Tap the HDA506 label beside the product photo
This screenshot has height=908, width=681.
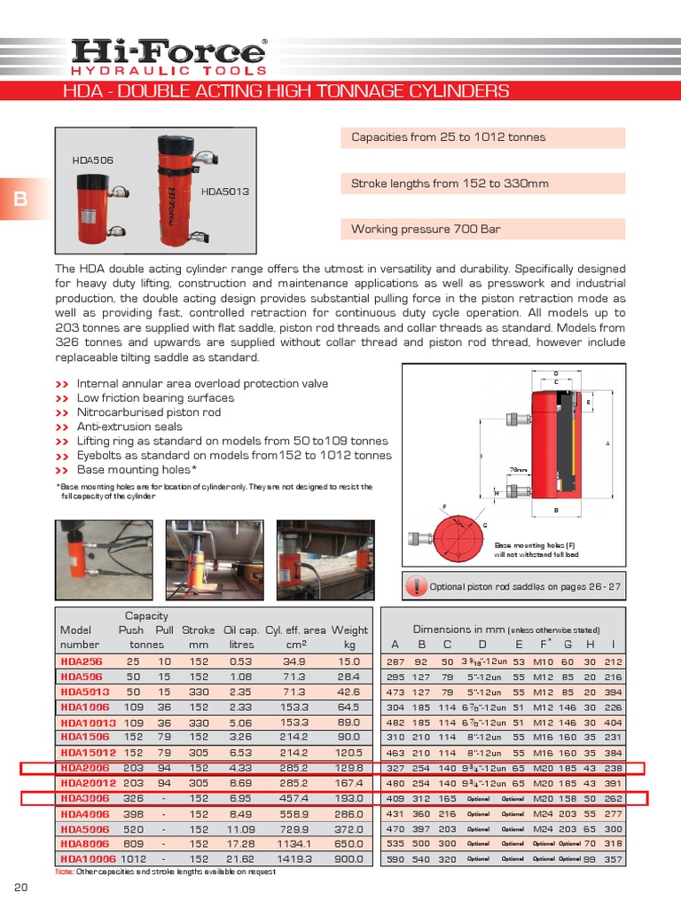pyautogui.click(x=92, y=160)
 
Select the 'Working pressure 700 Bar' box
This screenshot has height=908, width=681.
pyautogui.click(x=483, y=230)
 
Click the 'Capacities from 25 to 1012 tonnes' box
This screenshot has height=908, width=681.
pyautogui.click(x=483, y=137)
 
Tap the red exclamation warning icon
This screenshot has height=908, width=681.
pyautogui.click(x=416, y=586)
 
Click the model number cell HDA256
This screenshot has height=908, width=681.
pyautogui.click(x=81, y=661)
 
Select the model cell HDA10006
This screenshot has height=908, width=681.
pyautogui.click(x=87, y=858)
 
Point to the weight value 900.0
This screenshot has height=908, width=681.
pyautogui.click(x=348, y=858)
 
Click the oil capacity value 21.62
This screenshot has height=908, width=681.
pyautogui.click(x=241, y=858)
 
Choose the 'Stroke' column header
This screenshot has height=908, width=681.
pyautogui.click(x=199, y=630)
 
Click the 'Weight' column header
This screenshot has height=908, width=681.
pyautogui.click(x=349, y=630)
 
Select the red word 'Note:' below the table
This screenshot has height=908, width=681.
pyautogui.click(x=65, y=872)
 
